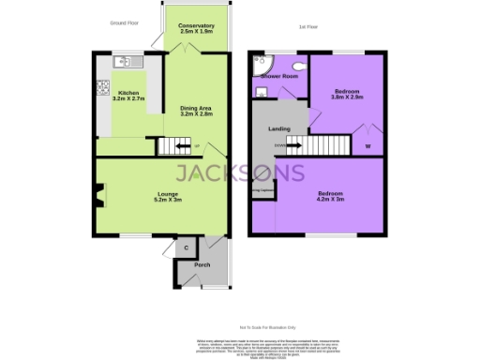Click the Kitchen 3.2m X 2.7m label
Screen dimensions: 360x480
tap(127, 97)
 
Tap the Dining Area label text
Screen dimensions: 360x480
tap(196, 112)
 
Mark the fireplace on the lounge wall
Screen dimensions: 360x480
tap(97, 196)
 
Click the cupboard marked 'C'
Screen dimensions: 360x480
tap(187, 247)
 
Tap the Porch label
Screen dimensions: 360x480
tap(202, 265)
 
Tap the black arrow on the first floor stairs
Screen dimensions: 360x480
tap(293, 145)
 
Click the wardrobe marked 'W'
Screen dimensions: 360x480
tap(367, 145)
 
